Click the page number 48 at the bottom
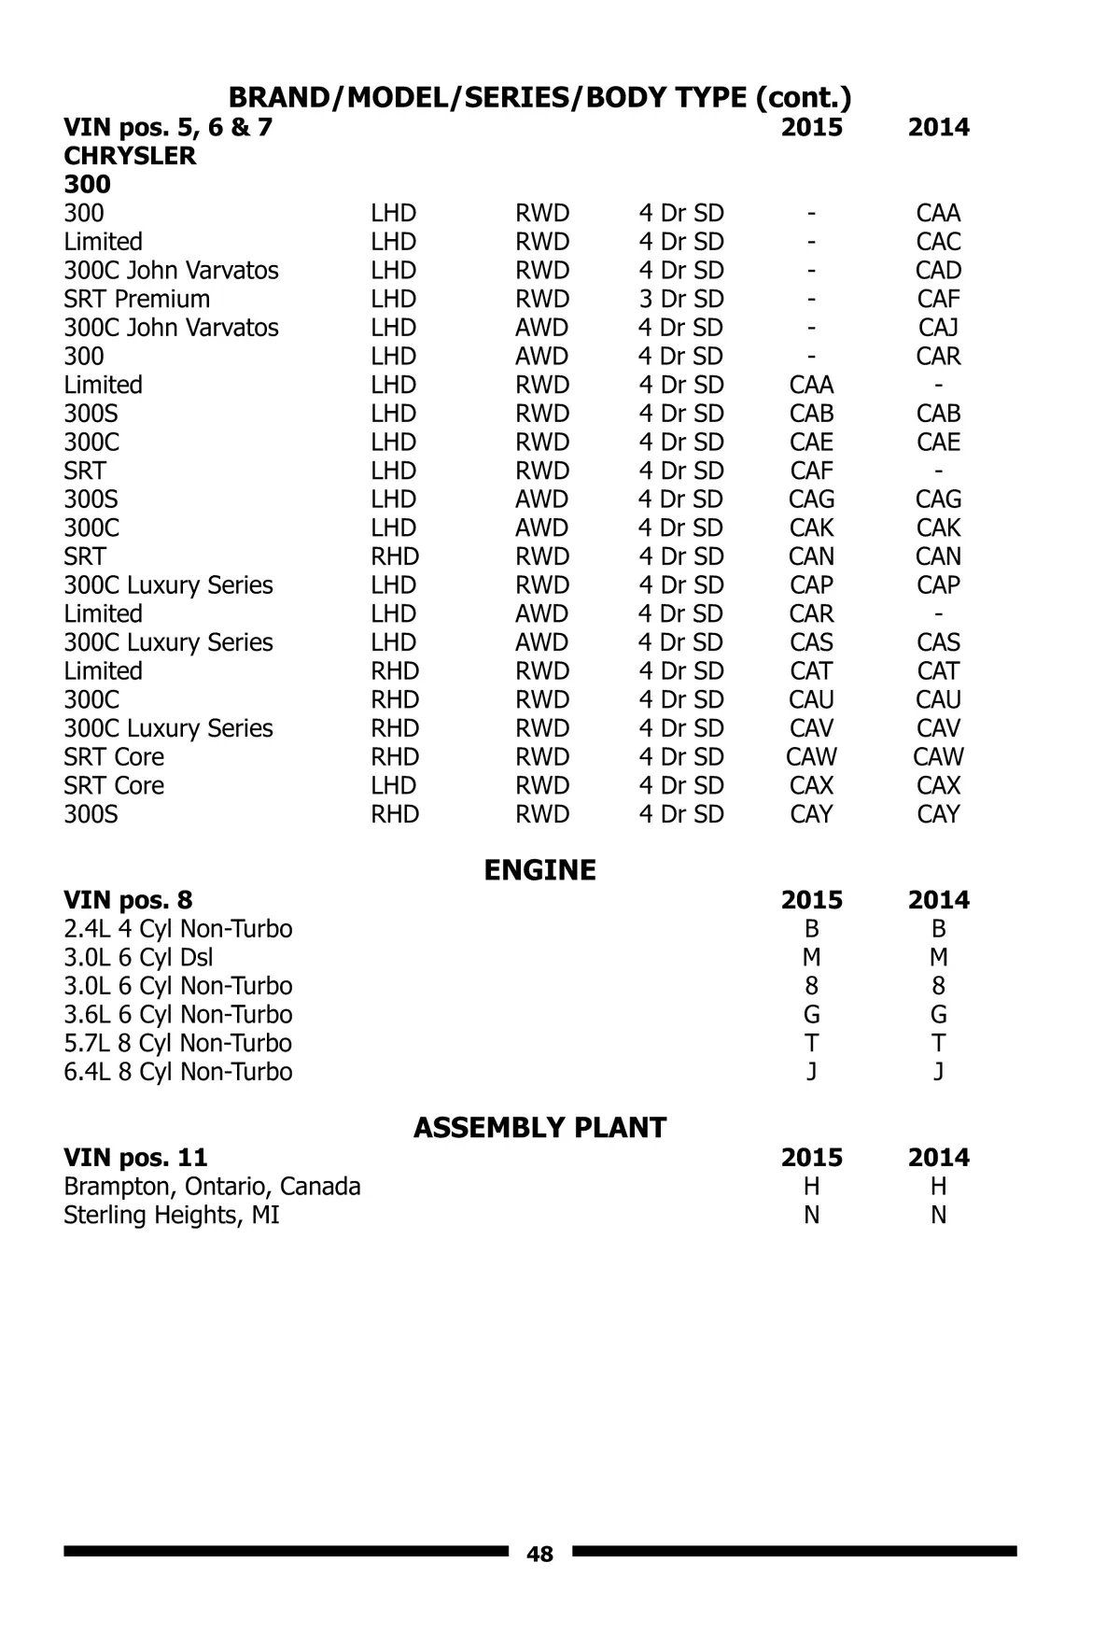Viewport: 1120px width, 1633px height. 539,1554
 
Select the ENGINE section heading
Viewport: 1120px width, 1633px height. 539,870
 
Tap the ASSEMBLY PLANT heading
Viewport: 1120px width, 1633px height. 539,1128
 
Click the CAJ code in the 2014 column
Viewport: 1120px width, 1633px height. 938,328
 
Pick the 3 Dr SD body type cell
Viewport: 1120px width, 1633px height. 680,299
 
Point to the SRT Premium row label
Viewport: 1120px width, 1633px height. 137,299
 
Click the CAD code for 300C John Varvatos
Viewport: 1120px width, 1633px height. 938,271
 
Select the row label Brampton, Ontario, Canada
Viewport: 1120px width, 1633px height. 212,1187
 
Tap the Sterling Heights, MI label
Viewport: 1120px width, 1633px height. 172,1216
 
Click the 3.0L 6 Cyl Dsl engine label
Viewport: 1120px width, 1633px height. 138,958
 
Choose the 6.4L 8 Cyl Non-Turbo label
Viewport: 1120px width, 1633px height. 178,1072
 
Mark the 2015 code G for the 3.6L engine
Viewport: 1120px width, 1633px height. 811,1015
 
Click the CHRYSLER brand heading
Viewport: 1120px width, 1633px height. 130,156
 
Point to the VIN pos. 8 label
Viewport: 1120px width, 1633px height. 128,900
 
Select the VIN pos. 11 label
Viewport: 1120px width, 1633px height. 135,1158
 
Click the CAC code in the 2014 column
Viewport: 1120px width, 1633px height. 938,242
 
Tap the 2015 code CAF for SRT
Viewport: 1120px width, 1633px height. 811,471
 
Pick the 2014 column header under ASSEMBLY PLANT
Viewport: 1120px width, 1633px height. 938,1158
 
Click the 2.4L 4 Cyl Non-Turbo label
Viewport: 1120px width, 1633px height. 178,929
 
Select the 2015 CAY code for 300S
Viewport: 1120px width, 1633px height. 811,814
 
